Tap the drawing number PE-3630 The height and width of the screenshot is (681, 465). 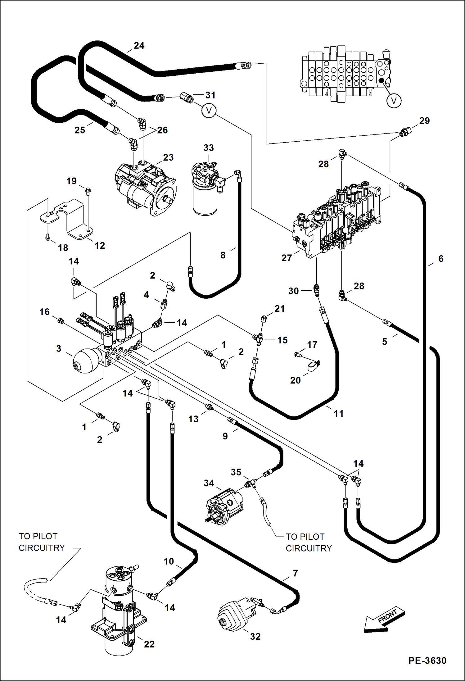click(x=427, y=661)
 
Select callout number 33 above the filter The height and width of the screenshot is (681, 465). click(x=208, y=148)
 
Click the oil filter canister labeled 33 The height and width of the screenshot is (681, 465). click(x=205, y=199)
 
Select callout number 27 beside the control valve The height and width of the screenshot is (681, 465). click(x=286, y=258)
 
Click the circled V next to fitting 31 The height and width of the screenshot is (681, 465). click(x=209, y=111)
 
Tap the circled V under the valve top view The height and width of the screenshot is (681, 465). click(x=394, y=101)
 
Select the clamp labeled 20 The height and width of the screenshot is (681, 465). click(x=314, y=366)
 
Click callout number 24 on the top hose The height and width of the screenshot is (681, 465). click(x=139, y=46)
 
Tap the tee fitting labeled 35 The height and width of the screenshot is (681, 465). click(x=250, y=483)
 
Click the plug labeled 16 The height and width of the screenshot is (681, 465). click(x=61, y=321)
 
